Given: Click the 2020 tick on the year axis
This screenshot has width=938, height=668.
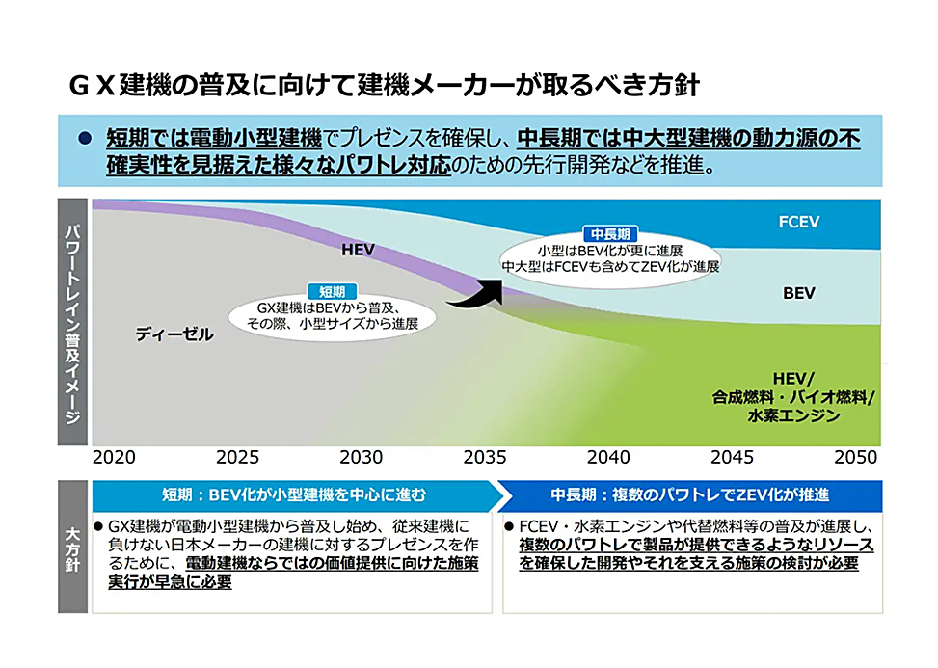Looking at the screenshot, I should pyautogui.click(x=114, y=457).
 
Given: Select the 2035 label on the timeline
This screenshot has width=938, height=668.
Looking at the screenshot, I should pyautogui.click(x=485, y=457).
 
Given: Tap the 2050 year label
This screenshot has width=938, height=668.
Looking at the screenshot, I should pyautogui.click(x=855, y=457).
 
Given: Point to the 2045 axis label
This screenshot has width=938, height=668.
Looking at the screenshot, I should pyautogui.click(x=732, y=457).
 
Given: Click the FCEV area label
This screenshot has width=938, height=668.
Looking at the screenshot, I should pyautogui.click(x=798, y=222).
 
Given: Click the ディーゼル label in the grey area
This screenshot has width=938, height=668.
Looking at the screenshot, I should pyautogui.click(x=174, y=334).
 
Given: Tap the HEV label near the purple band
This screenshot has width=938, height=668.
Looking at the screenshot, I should pyautogui.click(x=358, y=251).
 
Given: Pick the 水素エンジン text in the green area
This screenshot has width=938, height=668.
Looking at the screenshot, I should pyautogui.click(x=792, y=416).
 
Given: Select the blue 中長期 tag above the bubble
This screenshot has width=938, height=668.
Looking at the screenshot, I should pyautogui.click(x=610, y=234).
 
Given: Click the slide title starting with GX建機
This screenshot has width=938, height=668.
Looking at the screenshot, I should pyautogui.click(x=383, y=85).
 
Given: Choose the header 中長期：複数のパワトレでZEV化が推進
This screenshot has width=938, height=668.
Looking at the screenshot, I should pyautogui.click(x=689, y=495).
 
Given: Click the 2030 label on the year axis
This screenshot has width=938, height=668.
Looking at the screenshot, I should pyautogui.click(x=362, y=457).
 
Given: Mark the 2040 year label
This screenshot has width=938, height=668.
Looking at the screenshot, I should pyautogui.click(x=608, y=457).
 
